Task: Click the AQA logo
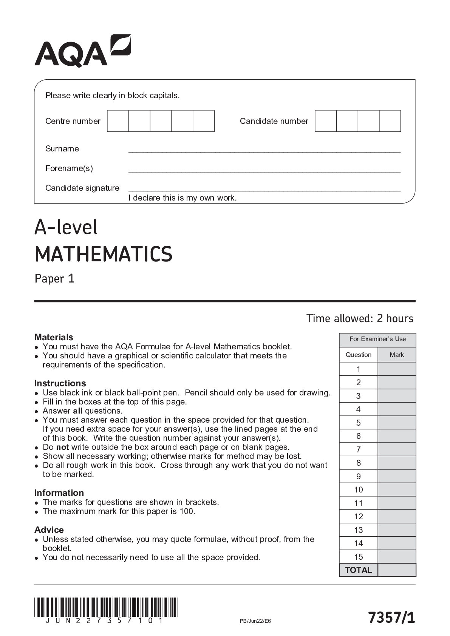point(83,51)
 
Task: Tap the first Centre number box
point(118,121)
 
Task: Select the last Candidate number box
point(390,121)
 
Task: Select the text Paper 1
point(54,279)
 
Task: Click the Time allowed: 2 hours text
point(360,318)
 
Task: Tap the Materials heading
point(54,337)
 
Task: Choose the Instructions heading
point(60,383)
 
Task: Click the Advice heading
point(49,529)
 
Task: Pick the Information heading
point(59,492)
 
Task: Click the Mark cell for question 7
point(397,449)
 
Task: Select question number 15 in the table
point(358,556)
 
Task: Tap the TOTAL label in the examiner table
point(358,570)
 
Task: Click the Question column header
point(358,355)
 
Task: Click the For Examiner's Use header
point(377,339)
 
